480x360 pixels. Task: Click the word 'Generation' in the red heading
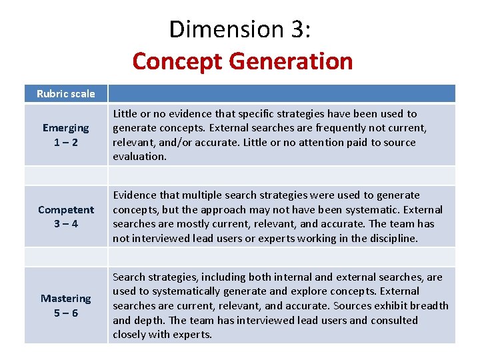pyautogui.click(x=291, y=61)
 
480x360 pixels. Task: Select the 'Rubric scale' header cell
pyautogui.click(x=65, y=93)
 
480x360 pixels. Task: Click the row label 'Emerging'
pyautogui.click(x=65, y=127)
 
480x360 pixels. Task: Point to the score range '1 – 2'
pyautogui.click(x=65, y=142)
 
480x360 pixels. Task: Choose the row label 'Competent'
pyautogui.click(x=65, y=209)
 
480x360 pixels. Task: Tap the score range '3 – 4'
pyautogui.click(x=65, y=224)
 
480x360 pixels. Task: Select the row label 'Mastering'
pyautogui.click(x=65, y=298)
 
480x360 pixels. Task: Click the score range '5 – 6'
pyautogui.click(x=65, y=313)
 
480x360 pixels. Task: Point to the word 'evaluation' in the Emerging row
pyautogui.click(x=139, y=157)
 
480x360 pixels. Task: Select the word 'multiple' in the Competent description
pyautogui.click(x=194, y=195)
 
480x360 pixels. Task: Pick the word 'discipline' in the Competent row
pyautogui.click(x=389, y=238)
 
